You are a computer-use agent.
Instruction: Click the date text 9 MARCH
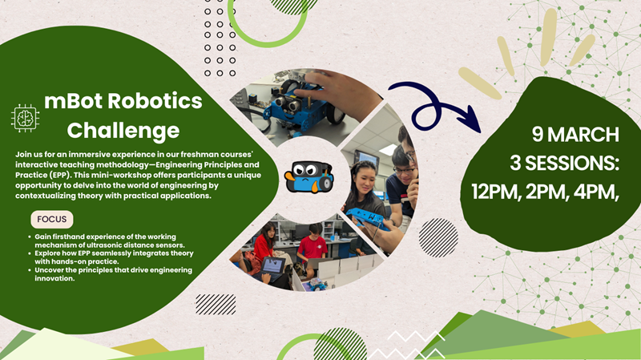(575, 134)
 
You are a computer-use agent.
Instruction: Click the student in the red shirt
(312, 245)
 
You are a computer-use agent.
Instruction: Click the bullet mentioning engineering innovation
(112, 273)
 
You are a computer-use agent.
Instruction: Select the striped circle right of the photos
(438, 237)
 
